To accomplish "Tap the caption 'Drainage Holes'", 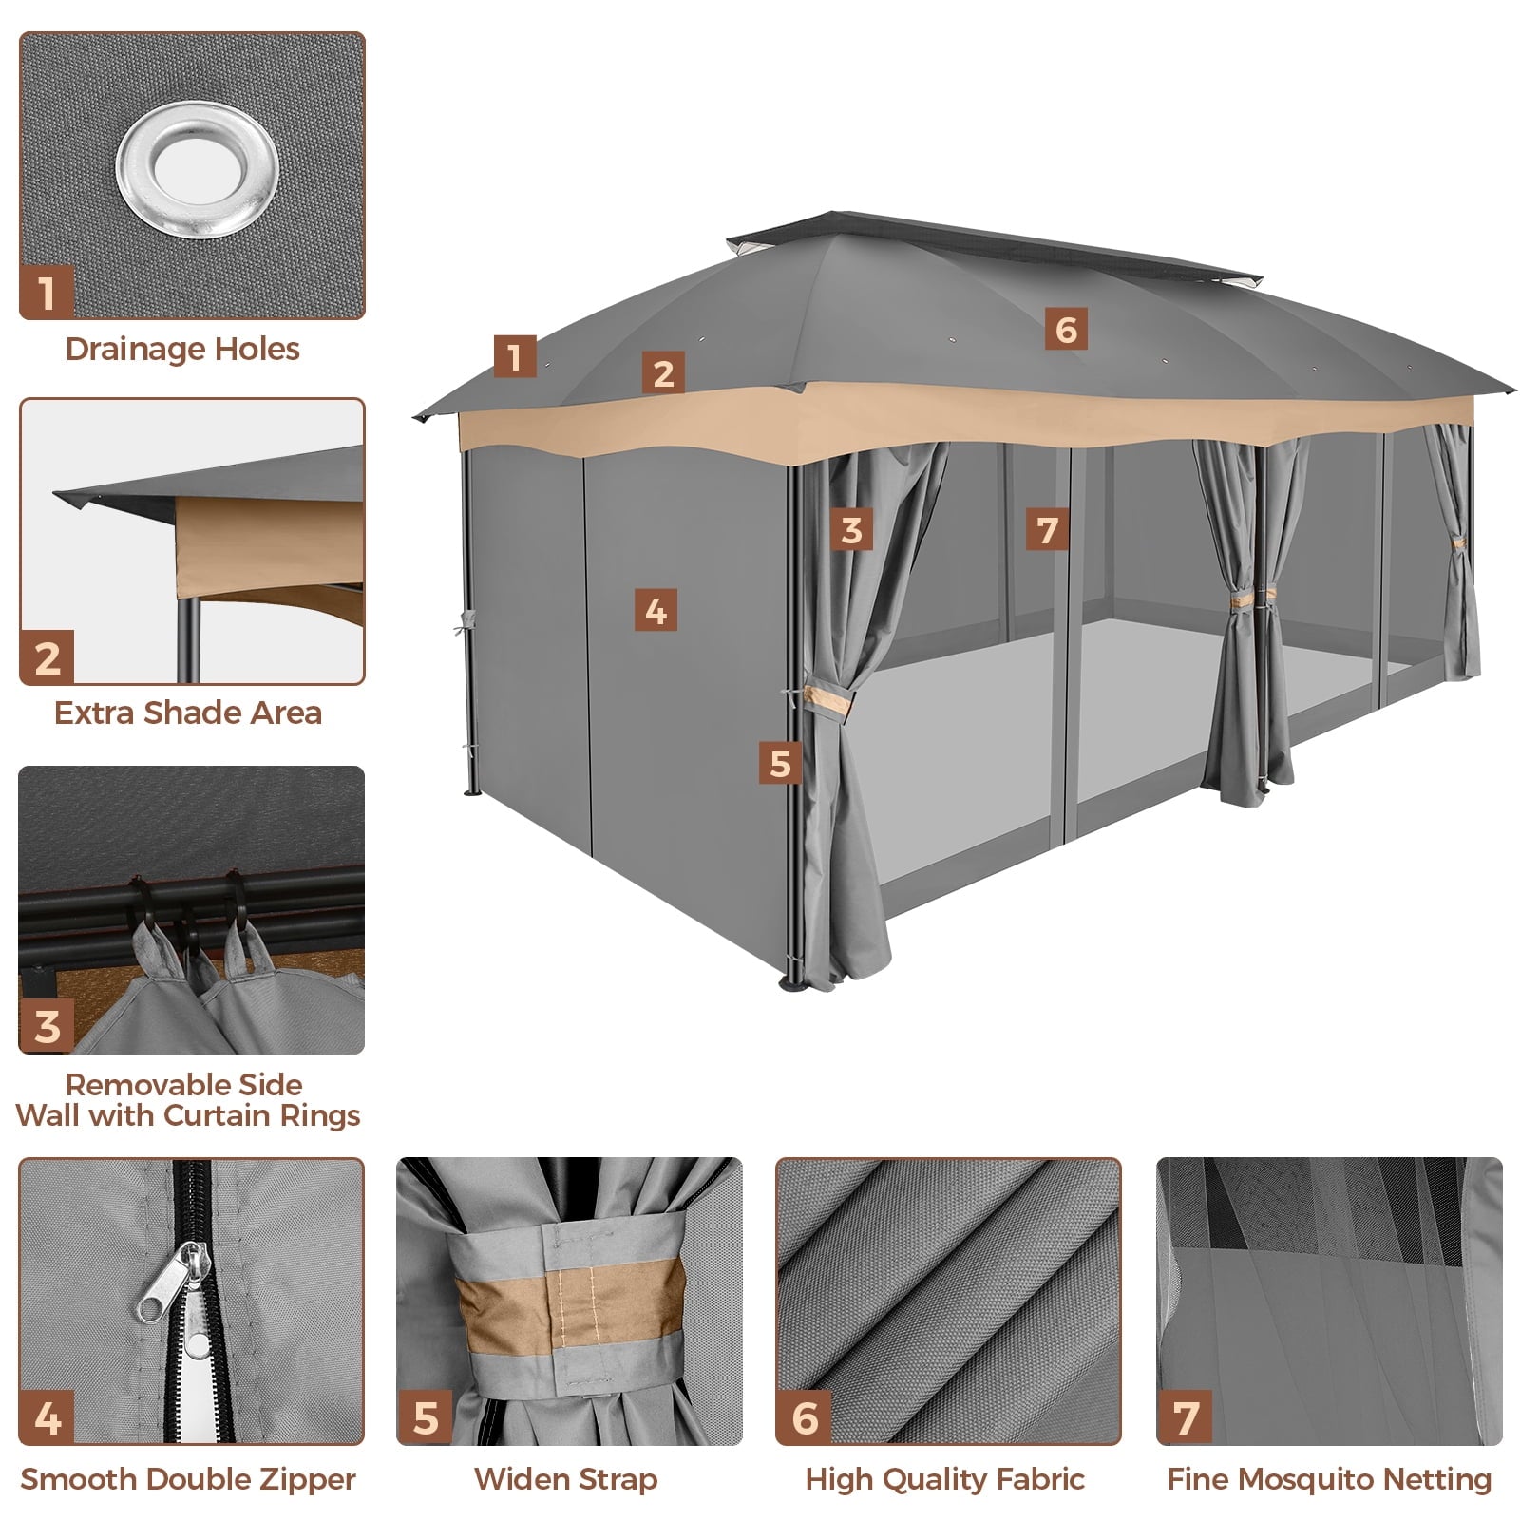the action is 182,350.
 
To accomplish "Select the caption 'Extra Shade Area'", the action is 188,713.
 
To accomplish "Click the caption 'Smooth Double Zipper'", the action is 188,1479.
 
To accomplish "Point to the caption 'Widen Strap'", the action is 565,1479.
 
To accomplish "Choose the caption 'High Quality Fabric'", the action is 945,1479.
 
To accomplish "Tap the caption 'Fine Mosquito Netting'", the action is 1329,1479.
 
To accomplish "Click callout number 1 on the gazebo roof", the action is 515,356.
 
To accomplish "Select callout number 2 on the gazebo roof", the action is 663,372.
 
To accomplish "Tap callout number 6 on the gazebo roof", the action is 1066,329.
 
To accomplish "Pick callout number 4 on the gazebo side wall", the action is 656,610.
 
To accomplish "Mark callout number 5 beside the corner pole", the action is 780,763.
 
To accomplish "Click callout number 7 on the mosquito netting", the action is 1048,529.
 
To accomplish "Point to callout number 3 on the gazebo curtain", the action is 851,529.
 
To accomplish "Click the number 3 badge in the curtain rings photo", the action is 47,1026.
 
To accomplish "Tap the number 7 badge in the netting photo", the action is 1185,1417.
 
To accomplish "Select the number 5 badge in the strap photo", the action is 425,1417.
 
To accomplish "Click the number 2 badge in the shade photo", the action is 47,657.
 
